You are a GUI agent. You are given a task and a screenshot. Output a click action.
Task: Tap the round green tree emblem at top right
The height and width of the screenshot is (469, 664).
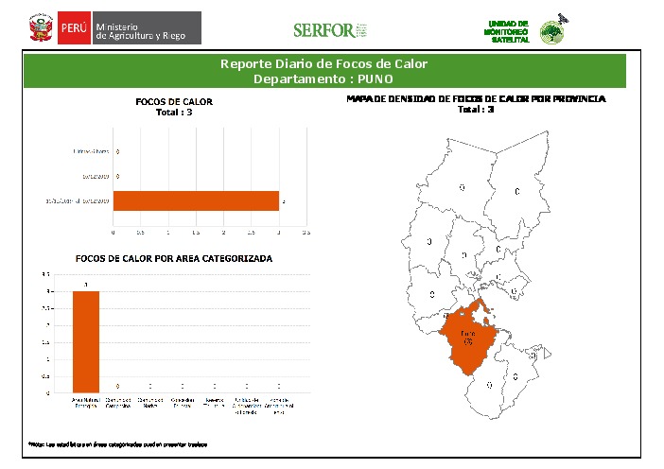pos(550,33)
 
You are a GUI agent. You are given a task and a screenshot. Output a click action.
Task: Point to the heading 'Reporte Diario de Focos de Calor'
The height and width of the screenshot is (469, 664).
pos(324,64)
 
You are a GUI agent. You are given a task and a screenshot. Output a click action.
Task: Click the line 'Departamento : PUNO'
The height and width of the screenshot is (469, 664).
pos(324,78)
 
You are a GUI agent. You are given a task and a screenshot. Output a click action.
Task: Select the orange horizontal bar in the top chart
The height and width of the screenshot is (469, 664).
pos(196,200)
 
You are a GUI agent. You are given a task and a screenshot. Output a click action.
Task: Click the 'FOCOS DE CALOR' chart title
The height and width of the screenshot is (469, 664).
pos(174,101)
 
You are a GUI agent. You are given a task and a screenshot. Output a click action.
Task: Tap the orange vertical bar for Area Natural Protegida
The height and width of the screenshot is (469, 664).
pos(86,341)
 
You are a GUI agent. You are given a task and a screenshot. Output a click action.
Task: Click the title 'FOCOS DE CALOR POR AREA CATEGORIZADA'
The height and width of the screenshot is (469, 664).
pos(174,258)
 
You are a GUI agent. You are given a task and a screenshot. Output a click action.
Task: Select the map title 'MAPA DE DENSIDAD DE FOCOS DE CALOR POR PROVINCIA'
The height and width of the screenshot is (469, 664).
pos(476,98)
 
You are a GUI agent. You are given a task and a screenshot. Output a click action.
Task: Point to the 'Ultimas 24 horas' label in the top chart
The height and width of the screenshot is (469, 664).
pos(91,151)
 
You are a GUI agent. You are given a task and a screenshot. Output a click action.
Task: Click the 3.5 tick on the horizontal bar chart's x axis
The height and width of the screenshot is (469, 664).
pos(306,231)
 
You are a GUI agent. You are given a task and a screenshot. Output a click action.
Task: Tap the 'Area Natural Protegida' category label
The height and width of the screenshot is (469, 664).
pos(86,405)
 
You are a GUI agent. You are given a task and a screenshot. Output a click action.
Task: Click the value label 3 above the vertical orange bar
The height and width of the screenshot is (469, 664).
pos(86,285)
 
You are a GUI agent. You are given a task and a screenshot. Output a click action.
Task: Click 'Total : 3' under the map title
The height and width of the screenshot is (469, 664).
pos(476,110)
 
